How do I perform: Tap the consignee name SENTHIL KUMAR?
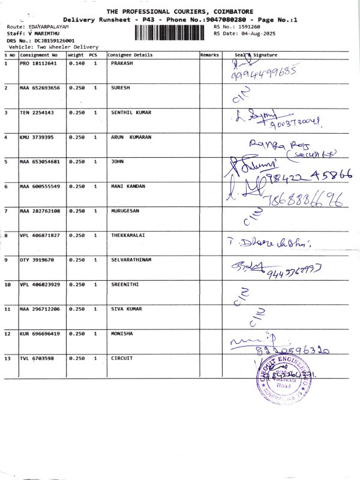(x=131, y=113)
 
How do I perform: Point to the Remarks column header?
(x=209, y=55)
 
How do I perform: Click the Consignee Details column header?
(x=130, y=55)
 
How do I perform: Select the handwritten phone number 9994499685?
(x=264, y=74)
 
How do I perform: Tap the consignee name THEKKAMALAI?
(x=129, y=235)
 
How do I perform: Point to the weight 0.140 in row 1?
(x=76, y=63)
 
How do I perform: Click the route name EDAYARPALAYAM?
(x=49, y=28)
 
